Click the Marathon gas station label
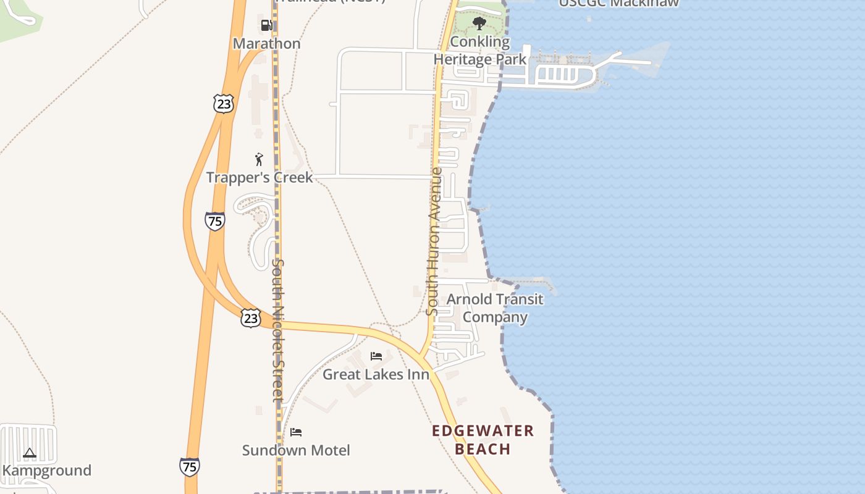pos(266,44)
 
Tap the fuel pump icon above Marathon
pos(267,25)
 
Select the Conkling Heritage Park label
pos(479,51)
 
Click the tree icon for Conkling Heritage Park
pos(479,24)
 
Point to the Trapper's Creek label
pos(259,178)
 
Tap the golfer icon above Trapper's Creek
pos(259,159)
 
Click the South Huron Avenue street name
pos(434,241)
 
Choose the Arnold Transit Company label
pos(495,308)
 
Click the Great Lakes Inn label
pos(376,374)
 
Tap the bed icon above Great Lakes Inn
pos(376,356)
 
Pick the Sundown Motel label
pos(296,450)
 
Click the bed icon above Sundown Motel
pos(296,432)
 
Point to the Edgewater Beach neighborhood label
pos(483,440)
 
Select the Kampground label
pos(47,471)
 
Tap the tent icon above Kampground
pos(29,453)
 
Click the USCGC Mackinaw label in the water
pos(618,3)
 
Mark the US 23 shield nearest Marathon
pos(224,104)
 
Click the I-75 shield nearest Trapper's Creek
pos(214,220)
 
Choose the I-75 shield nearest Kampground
pos(190,466)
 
